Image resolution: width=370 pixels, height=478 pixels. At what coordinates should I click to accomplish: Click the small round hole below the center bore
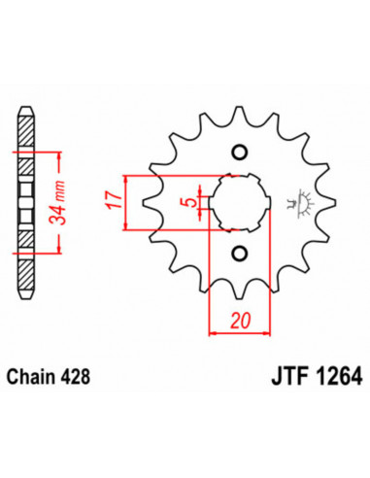click(x=239, y=255)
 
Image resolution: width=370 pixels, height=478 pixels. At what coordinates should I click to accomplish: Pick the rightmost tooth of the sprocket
click(x=328, y=203)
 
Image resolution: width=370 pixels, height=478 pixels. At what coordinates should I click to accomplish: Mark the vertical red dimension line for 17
click(x=124, y=202)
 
